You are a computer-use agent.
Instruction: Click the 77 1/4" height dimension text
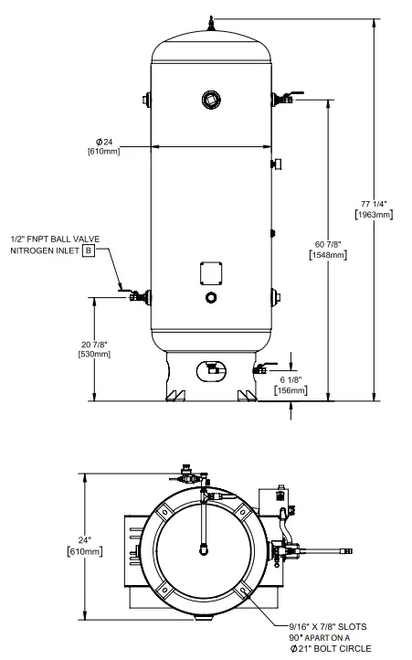click(374, 202)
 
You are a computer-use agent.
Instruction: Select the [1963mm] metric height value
click(374, 214)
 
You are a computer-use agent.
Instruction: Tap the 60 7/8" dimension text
click(328, 243)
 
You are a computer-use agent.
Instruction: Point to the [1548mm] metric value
click(328, 255)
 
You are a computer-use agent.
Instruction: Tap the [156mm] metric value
click(290, 390)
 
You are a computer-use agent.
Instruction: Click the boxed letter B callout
click(89, 250)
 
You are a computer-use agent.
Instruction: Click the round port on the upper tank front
click(211, 99)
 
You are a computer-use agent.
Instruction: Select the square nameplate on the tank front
click(211, 272)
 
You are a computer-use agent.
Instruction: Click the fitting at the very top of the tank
click(211, 21)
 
